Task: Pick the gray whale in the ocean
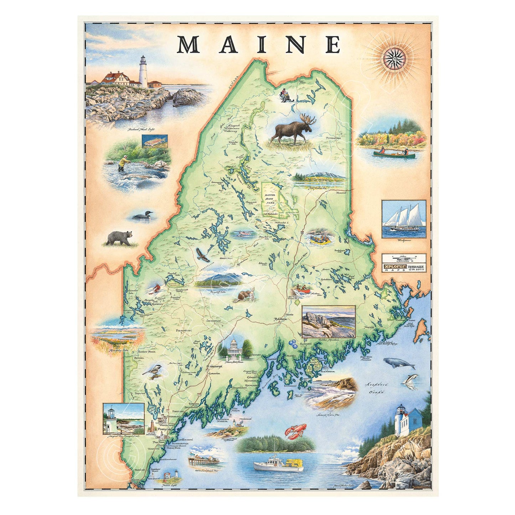point(399,364)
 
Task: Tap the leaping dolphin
point(410,380)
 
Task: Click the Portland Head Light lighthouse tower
point(143,71)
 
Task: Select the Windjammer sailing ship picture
point(403,219)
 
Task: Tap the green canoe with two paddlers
point(394,154)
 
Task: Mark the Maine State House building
point(234,348)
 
